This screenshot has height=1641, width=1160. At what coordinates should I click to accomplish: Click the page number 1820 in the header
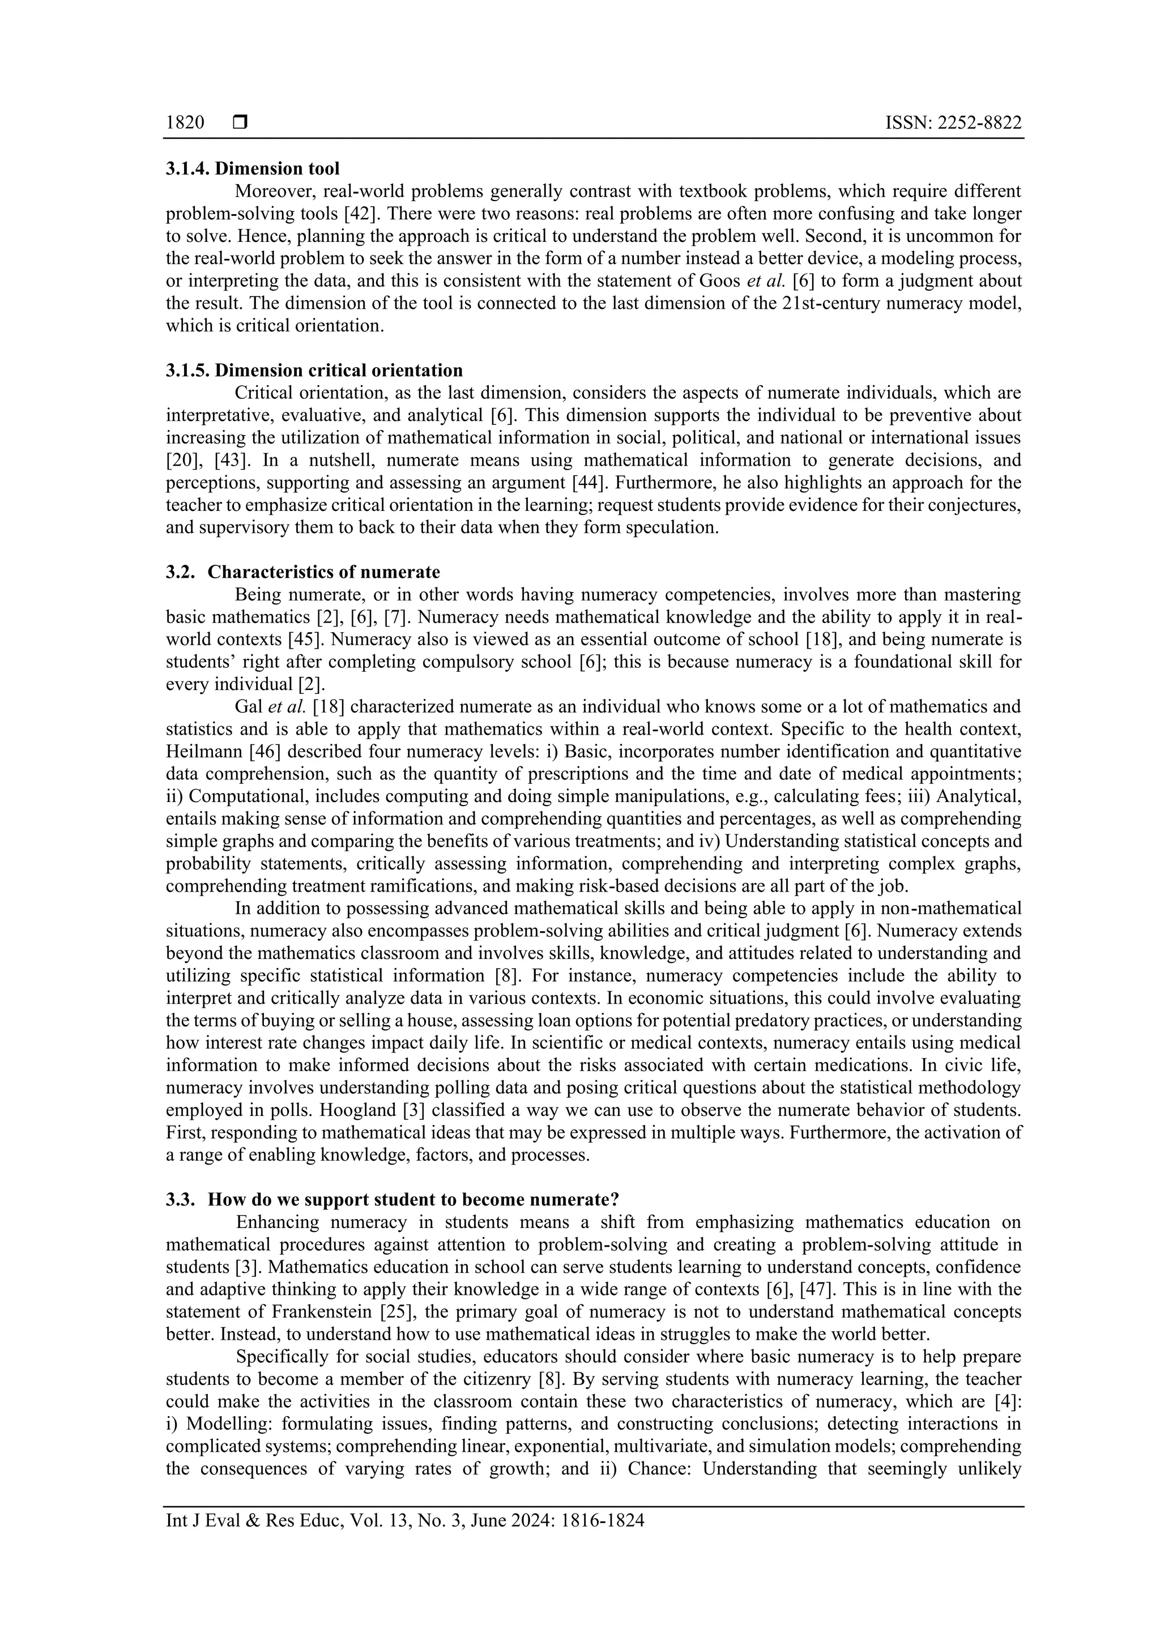pos(185,123)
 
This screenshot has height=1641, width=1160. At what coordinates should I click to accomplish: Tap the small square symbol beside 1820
pos(240,123)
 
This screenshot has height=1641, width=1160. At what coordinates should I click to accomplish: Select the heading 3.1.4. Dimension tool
pos(252,169)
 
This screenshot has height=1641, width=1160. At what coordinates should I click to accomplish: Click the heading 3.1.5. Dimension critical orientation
pos(314,370)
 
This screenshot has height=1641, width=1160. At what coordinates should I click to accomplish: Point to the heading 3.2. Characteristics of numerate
pos(302,572)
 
